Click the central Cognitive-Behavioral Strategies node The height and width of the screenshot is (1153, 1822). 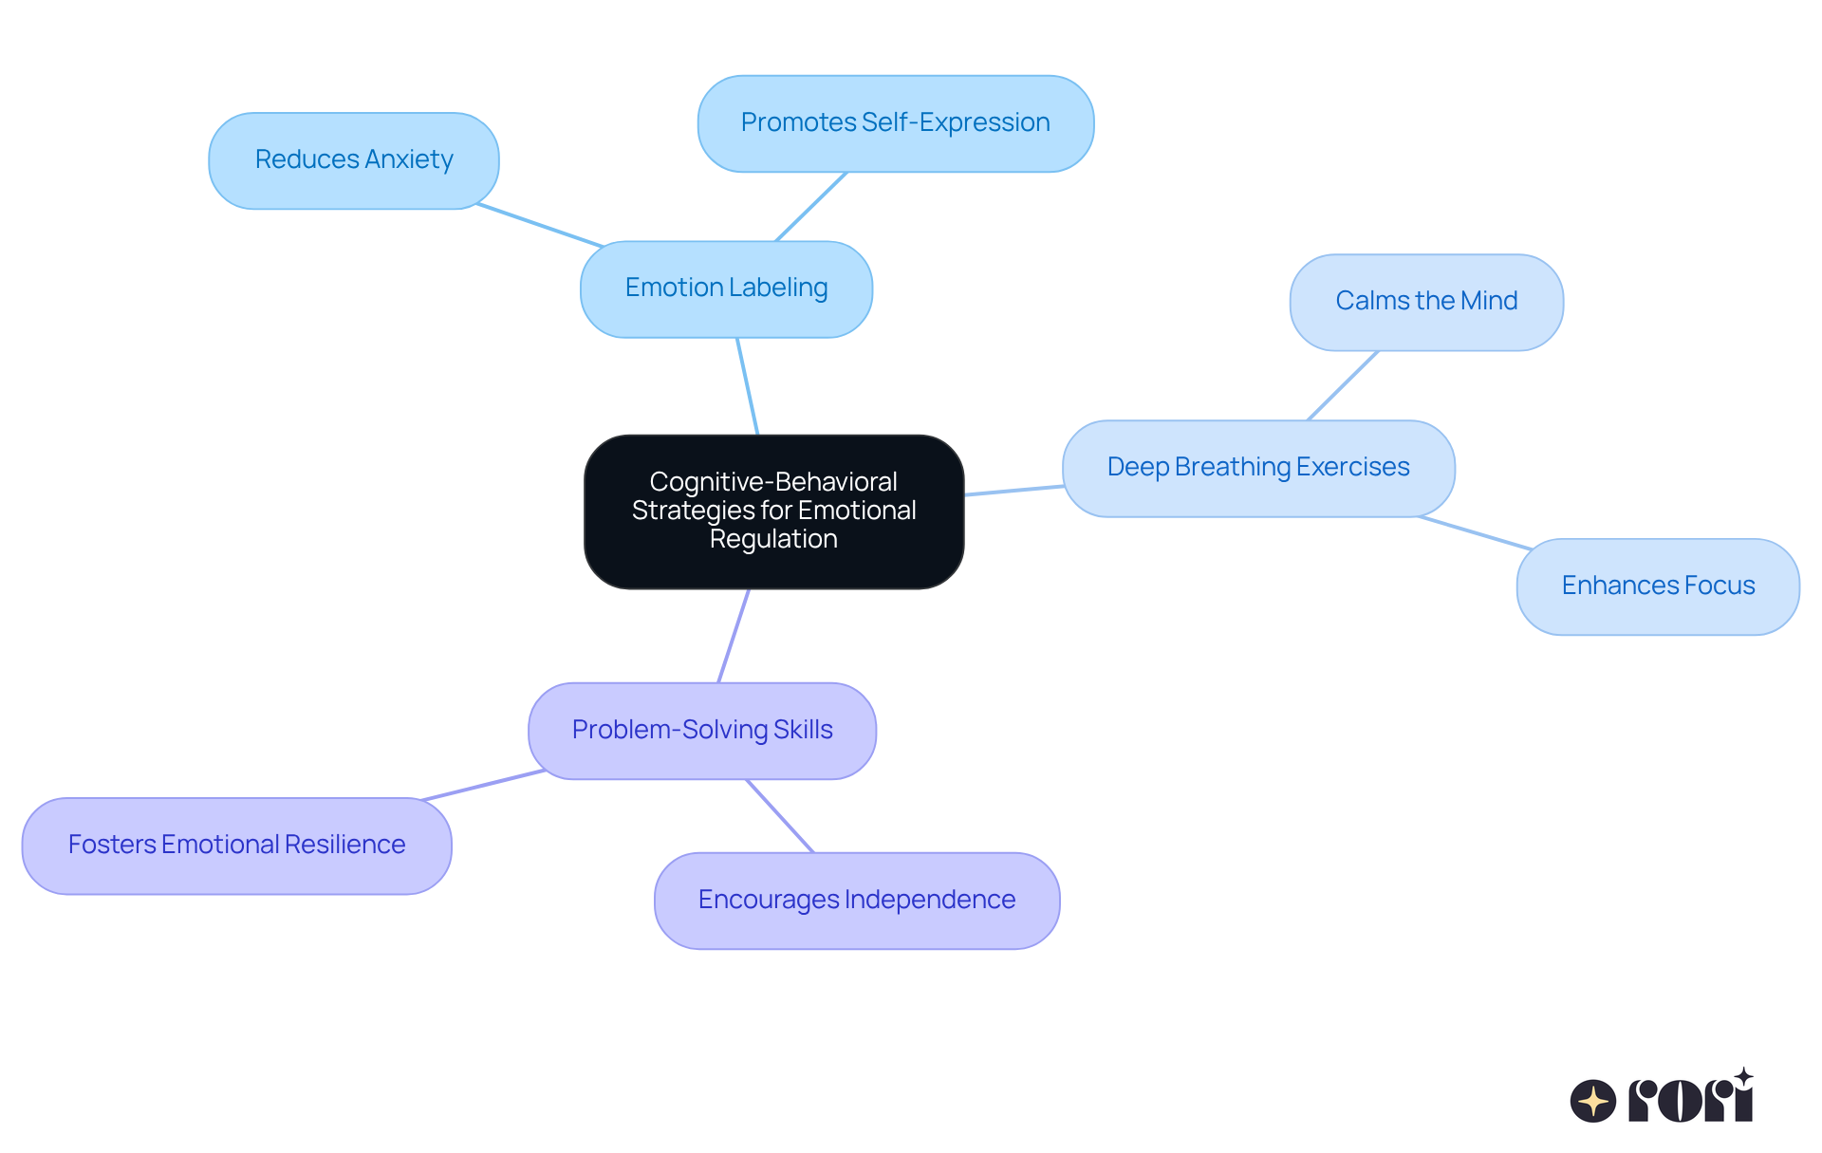click(773, 511)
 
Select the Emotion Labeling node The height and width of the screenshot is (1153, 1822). click(726, 288)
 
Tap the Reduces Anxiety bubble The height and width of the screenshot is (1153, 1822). click(354, 160)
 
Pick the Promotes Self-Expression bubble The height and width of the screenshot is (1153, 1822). click(895, 123)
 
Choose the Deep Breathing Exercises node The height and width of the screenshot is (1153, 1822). click(1258, 468)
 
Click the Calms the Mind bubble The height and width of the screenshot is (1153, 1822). click(1426, 302)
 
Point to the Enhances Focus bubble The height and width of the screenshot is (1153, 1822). click(1658, 586)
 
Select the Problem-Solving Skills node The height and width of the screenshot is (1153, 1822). click(702, 731)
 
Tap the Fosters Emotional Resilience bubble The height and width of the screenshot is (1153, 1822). click(236, 846)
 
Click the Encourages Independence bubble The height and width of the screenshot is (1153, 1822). click(857, 901)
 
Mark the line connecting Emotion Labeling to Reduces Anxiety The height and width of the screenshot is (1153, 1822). click(539, 225)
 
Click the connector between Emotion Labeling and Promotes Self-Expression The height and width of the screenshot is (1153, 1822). click(811, 206)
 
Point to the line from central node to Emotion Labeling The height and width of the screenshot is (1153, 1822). click(748, 386)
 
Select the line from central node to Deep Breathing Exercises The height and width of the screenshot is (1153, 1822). click(1013, 491)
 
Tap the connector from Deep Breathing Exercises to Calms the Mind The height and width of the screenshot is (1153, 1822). click(1343, 385)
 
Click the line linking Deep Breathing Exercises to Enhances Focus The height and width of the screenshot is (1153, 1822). click(1475, 532)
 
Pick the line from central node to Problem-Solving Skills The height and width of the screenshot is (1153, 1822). click(734, 636)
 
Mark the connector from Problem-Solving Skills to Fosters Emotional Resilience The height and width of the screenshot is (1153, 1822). click(484, 785)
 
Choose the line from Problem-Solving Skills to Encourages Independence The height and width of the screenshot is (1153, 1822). click(780, 816)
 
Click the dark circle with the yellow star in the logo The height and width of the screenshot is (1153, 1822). click(1592, 1101)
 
